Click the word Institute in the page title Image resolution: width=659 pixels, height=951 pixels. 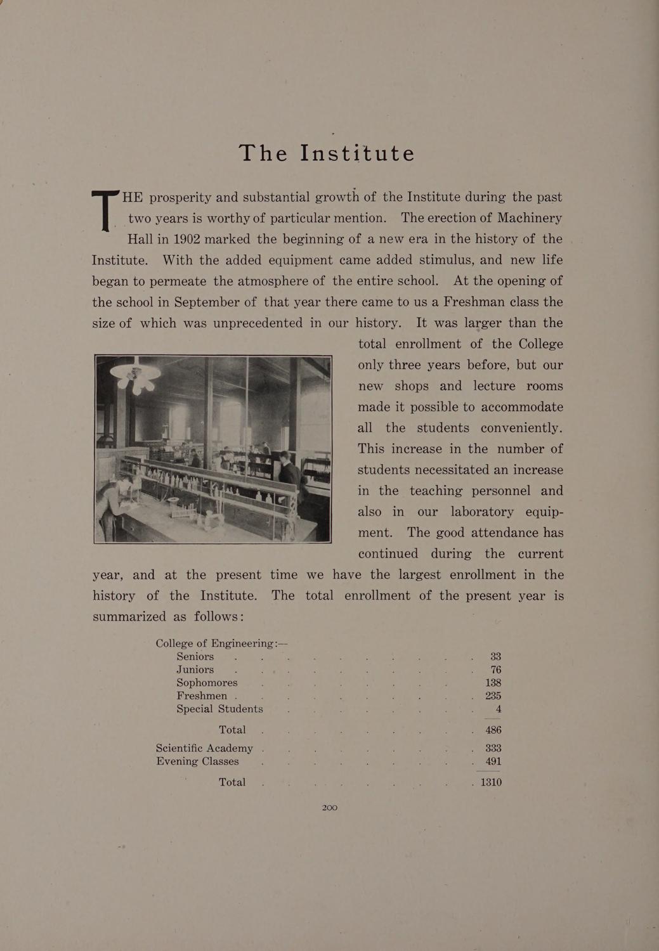(358, 153)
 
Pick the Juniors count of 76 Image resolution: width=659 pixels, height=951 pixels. (495, 670)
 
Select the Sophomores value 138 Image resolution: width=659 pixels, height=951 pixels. (493, 683)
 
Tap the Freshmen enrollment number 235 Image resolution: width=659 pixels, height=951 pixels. (493, 696)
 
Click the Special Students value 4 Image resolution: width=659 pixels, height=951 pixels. (499, 709)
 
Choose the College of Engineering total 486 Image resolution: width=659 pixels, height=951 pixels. (493, 730)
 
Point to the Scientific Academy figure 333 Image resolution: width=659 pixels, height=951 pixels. (493, 748)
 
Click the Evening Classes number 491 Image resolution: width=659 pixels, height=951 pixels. (493, 761)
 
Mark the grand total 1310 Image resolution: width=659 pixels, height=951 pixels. (491, 782)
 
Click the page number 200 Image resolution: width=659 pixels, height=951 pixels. (330, 808)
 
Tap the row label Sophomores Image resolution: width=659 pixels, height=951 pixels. (207, 683)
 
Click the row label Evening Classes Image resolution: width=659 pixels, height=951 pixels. (197, 761)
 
